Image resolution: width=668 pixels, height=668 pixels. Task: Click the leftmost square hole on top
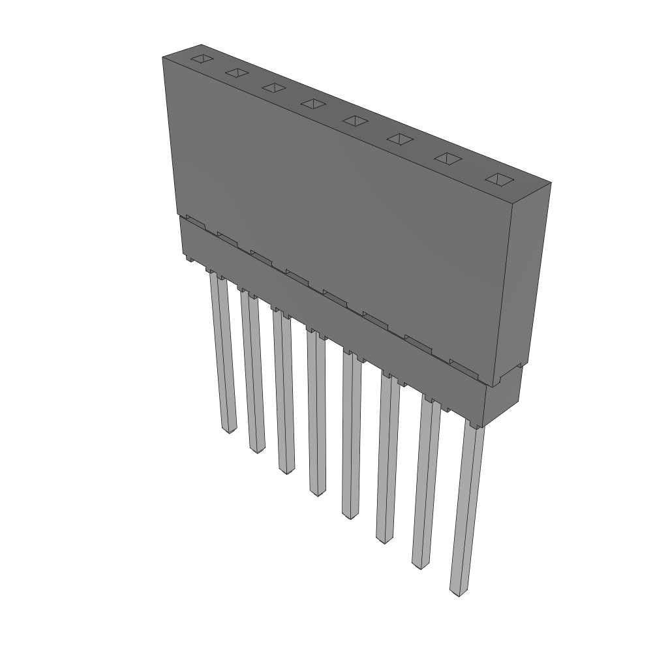pos(202,59)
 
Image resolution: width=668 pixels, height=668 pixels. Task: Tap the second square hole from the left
pos(237,73)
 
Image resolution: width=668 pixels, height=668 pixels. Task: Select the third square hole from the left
pos(274,87)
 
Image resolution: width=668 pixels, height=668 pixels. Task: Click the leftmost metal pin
pos(222,352)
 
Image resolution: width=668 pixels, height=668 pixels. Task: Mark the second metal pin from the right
pos(425,483)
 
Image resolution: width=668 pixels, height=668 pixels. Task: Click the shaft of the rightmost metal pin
pos(468,509)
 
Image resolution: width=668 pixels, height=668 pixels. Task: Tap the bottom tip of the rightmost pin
pos(459,591)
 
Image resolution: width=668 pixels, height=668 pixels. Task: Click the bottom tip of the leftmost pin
pos(229,431)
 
